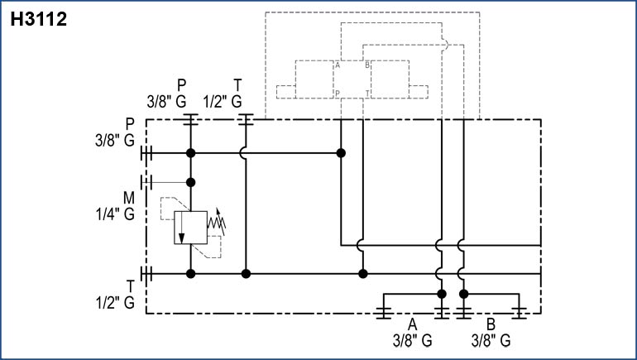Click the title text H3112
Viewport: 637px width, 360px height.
(38, 19)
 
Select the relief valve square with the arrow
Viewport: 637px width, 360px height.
(190, 228)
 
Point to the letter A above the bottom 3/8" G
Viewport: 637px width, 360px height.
(411, 324)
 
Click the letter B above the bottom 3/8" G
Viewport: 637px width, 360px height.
(491, 324)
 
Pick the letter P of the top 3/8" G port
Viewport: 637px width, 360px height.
(183, 84)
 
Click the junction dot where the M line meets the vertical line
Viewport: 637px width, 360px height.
(190, 182)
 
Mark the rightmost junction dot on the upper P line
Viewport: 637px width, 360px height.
(341, 153)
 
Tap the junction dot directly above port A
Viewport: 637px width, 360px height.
(442, 294)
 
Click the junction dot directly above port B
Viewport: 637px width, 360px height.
(463, 294)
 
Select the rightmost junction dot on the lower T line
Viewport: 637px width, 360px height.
(362, 273)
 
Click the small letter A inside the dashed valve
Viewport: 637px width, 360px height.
(338, 65)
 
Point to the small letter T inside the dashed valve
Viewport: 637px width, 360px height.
(366, 92)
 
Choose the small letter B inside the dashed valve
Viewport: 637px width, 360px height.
(366, 65)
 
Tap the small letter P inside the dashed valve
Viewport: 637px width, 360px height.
(338, 92)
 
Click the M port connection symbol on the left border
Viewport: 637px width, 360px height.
(146, 182)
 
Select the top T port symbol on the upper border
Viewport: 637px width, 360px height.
(244, 119)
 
